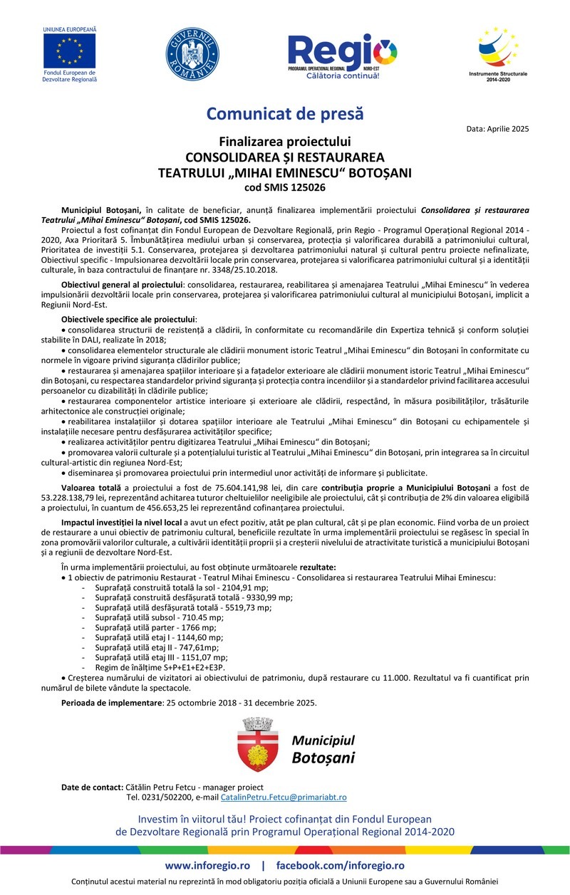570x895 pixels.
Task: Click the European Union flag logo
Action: pyautogui.click(x=69, y=51)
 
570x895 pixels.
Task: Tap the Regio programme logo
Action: pyautogui.click(x=342, y=54)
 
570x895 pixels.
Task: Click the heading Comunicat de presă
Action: pyautogui.click(x=285, y=113)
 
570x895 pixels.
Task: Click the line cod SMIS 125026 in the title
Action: pyautogui.click(x=285, y=187)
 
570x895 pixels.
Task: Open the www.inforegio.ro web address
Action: pyautogui.click(x=207, y=866)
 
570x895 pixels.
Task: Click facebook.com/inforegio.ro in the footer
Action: pyautogui.click(x=340, y=866)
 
